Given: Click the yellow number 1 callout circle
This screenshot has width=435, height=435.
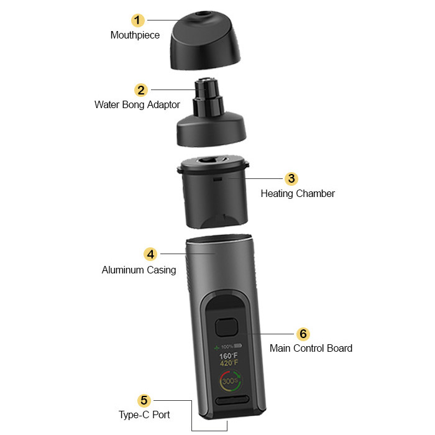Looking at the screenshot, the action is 137,21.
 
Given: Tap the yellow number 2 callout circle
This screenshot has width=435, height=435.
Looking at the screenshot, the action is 141,90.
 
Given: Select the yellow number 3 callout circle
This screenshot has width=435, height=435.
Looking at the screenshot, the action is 291,179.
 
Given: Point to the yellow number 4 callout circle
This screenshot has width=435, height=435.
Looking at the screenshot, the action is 150,254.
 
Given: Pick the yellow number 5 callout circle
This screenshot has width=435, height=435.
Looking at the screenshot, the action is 144,400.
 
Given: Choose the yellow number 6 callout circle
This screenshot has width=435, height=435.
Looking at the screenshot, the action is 303,334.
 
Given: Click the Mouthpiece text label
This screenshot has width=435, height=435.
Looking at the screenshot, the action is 135,35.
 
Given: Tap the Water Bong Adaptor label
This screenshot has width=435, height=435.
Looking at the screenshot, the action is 137,105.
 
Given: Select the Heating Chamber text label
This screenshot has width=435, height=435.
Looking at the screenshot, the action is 298,194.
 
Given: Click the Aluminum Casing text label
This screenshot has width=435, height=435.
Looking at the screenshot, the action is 139,270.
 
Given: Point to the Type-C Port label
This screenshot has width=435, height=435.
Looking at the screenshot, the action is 144,414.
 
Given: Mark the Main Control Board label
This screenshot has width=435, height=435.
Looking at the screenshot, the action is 311,348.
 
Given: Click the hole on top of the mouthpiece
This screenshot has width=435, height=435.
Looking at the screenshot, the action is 202,14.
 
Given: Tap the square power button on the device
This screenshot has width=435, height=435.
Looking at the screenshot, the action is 227,327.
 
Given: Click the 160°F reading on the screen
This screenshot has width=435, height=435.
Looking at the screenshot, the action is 228,355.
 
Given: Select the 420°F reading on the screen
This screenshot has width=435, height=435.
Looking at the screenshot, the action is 229,363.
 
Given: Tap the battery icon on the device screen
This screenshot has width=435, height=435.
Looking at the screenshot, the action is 238,346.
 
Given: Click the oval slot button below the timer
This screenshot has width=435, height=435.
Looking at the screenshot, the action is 232,400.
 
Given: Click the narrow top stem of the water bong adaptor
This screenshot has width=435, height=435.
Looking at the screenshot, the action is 206,88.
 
